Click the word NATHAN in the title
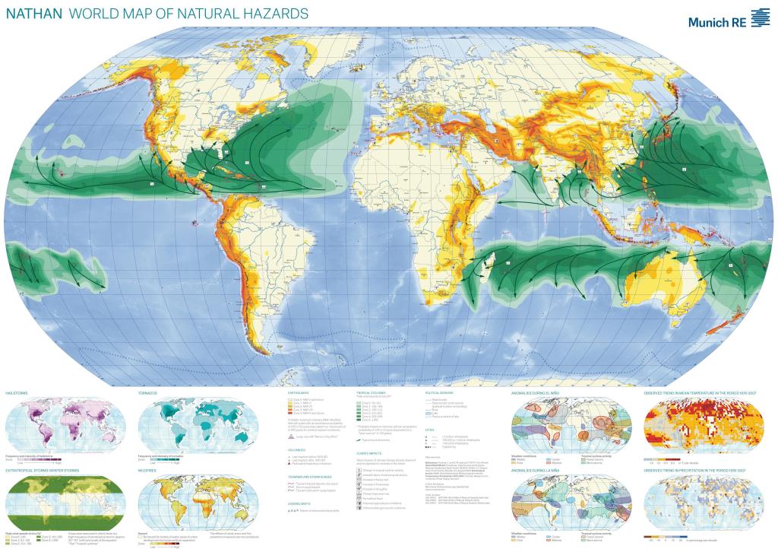pyautogui.click(x=33, y=14)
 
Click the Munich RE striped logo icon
pyautogui.click(x=760, y=19)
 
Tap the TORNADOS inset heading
pyautogui.click(x=148, y=393)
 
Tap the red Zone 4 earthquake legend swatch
pyautogui.click(x=288, y=411)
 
